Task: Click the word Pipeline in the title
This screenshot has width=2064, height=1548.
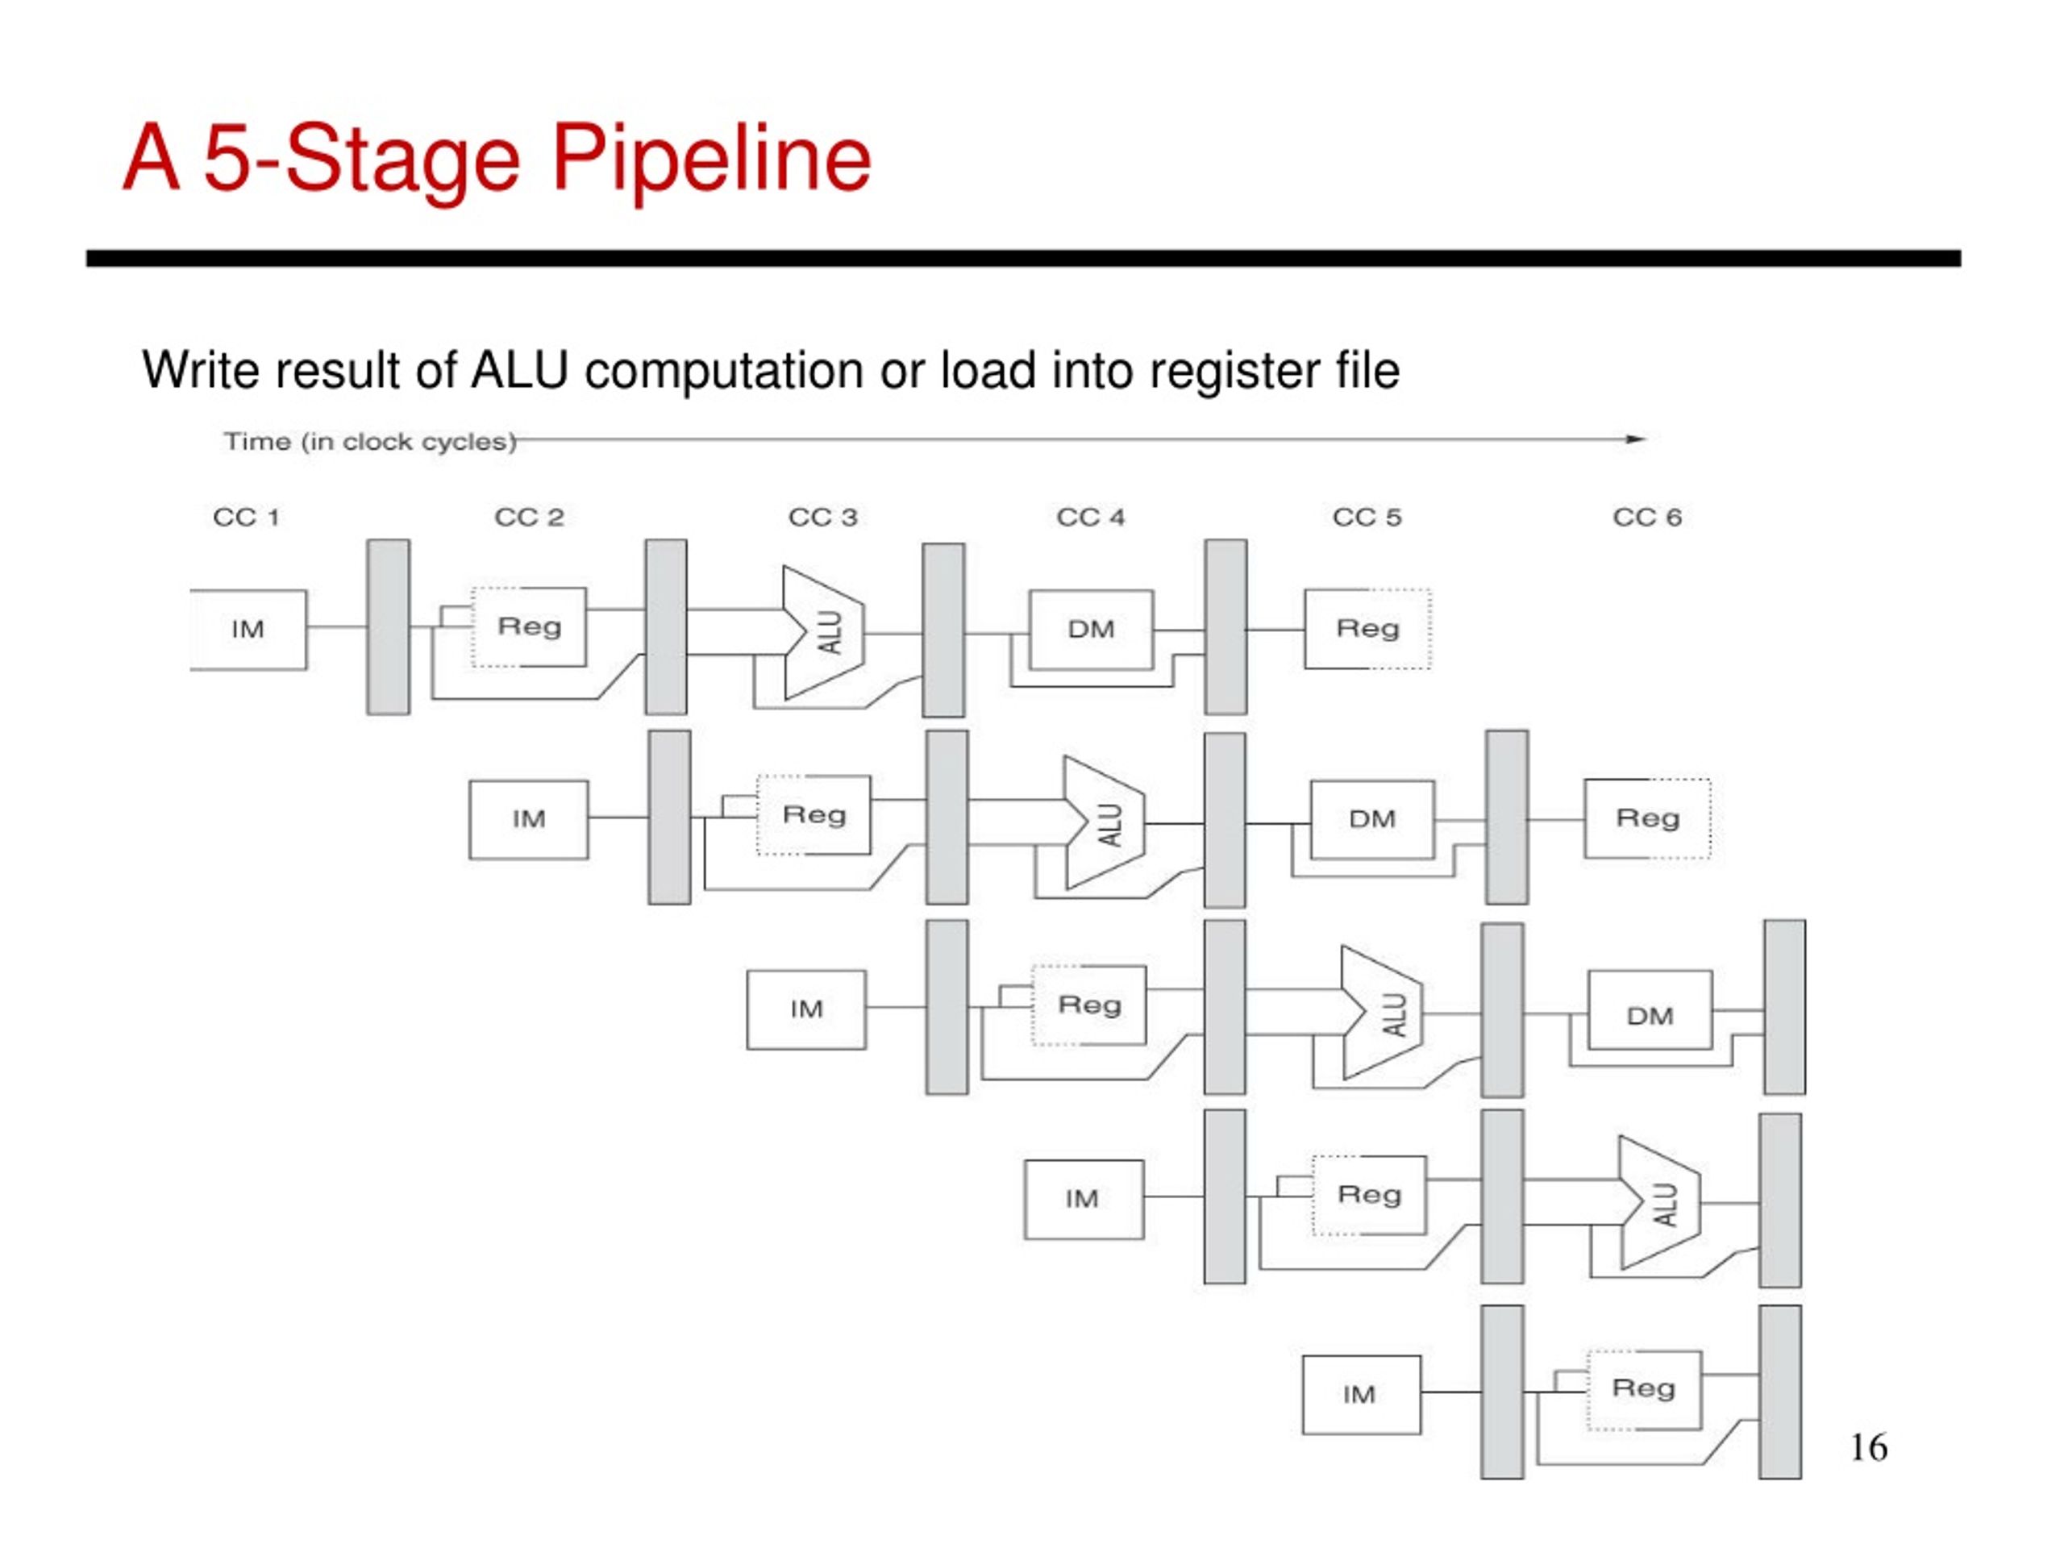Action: [x=711, y=160]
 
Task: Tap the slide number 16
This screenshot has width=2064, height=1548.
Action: [x=1868, y=1447]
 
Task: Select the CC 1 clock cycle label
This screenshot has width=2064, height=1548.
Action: [x=247, y=517]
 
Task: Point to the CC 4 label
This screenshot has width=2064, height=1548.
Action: [x=1090, y=517]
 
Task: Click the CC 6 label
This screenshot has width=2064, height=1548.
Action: [x=1647, y=517]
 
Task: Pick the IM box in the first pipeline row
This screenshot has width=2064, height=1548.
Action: [x=248, y=630]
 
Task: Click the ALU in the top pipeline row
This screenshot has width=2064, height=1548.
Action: [x=824, y=633]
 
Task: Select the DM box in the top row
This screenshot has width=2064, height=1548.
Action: [x=1091, y=629]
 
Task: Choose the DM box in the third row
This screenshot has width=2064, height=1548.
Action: [x=1650, y=1009]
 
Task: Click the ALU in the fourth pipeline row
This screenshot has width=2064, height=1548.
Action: [x=1660, y=1202]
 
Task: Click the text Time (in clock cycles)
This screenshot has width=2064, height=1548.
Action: [x=369, y=441]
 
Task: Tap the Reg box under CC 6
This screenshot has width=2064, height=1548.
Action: [x=1647, y=818]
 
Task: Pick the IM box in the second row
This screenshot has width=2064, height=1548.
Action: [x=529, y=819]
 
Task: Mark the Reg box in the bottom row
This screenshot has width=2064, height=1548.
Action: [x=1644, y=1389]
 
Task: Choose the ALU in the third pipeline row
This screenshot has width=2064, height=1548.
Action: [x=1382, y=1013]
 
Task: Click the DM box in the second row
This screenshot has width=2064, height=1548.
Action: [x=1372, y=819]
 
